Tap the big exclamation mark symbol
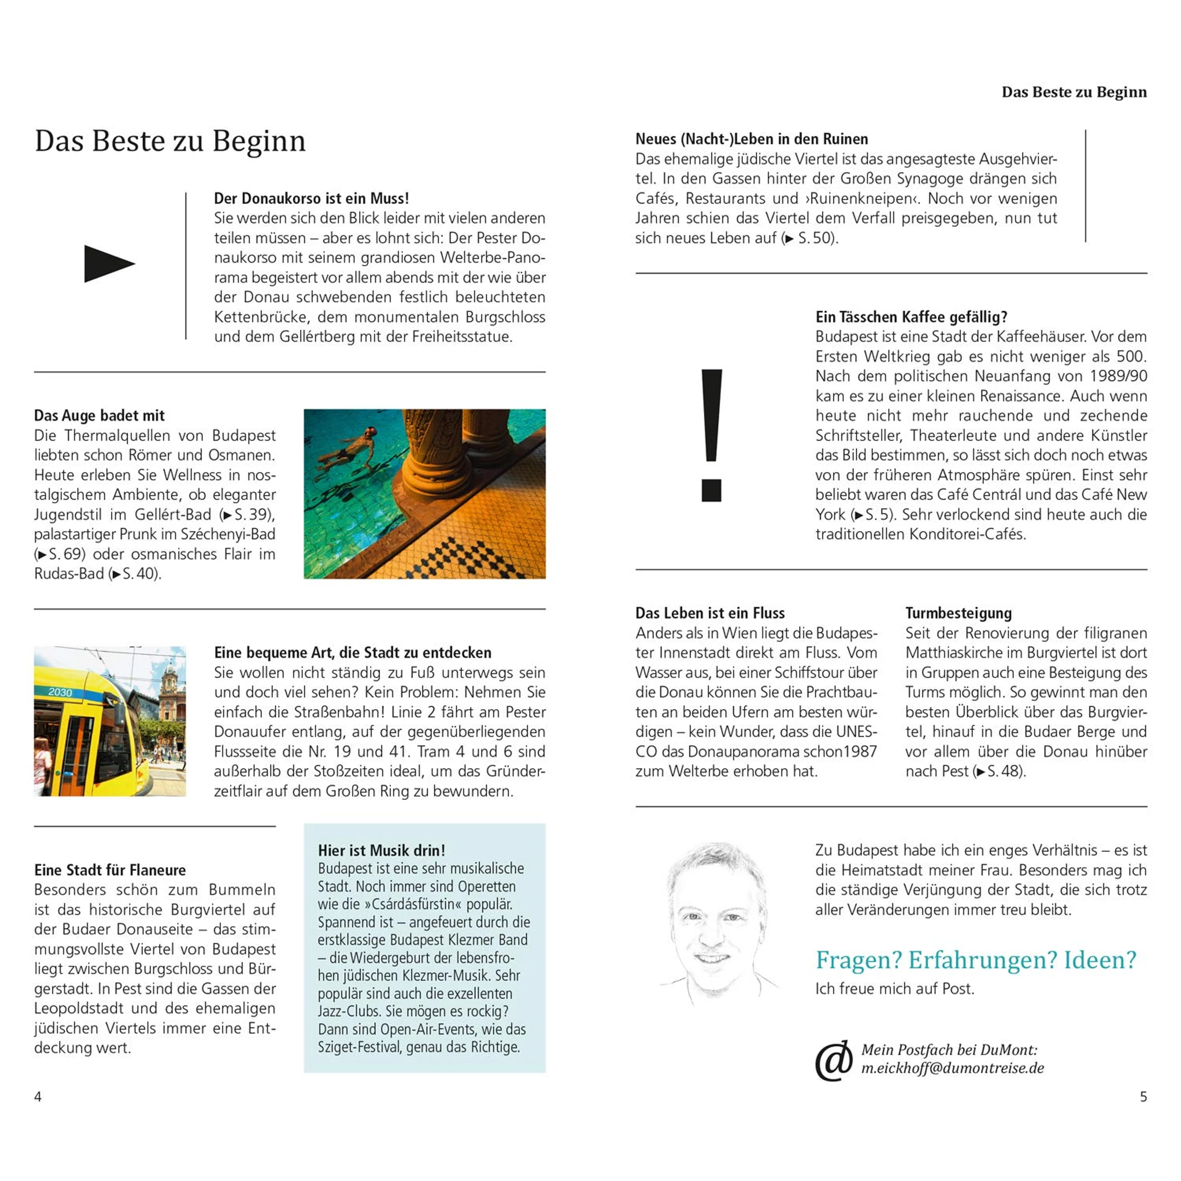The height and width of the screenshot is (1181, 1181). [711, 435]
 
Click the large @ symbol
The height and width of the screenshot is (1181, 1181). [834, 1061]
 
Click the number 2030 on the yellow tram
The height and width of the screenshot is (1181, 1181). [60, 692]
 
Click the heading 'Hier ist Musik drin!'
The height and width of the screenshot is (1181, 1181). [382, 850]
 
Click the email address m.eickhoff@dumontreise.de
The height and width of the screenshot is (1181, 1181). [952, 1068]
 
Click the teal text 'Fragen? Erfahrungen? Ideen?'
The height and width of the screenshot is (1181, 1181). [975, 960]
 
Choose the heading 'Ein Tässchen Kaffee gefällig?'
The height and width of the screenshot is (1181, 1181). [911, 317]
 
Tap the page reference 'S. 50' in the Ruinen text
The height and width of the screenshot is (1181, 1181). [815, 238]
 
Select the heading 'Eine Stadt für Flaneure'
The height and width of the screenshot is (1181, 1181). [110, 870]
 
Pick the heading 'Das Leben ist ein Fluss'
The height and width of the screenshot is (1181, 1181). [710, 613]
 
